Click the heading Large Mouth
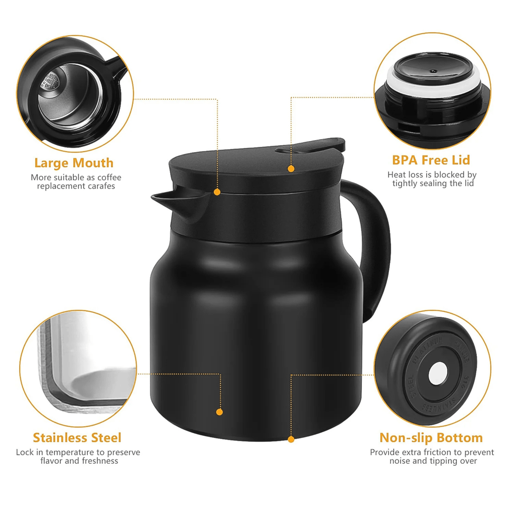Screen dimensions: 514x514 click(74, 163)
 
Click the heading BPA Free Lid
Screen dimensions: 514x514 click(431, 160)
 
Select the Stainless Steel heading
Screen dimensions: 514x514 click(77, 438)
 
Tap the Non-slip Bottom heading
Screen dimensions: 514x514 click(431, 438)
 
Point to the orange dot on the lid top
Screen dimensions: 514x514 click(291, 169)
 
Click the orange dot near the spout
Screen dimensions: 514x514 click(217, 192)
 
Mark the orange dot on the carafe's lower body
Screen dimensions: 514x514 click(219, 412)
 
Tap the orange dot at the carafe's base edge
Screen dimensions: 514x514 click(291, 439)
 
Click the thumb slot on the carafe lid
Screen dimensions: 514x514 click(289, 150)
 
